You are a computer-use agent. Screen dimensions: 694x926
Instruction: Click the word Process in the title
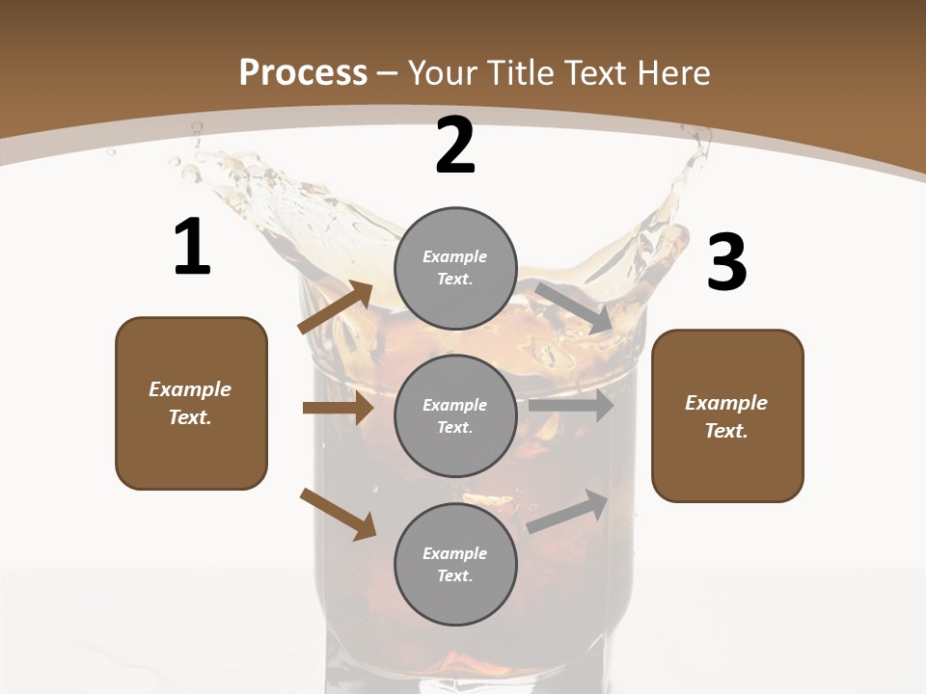point(303,73)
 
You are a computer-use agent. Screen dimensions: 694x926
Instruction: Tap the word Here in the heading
point(673,73)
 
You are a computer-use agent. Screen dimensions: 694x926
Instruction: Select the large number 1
point(192,248)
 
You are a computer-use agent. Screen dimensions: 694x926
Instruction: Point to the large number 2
point(455,146)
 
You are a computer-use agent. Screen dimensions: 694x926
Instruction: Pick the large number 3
point(726,263)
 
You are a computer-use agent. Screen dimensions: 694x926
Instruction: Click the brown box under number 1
point(191,403)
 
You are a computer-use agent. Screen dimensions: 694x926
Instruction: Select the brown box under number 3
point(727,415)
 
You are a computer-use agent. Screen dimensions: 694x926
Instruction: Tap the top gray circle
point(455,268)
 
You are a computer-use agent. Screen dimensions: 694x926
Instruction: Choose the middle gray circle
point(455,415)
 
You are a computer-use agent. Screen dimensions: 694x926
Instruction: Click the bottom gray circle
point(455,564)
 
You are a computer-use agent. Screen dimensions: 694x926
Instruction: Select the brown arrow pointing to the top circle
point(335,307)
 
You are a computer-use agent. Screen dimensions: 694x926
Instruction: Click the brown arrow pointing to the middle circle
point(338,408)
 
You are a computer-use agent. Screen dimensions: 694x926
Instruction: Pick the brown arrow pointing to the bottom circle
point(338,514)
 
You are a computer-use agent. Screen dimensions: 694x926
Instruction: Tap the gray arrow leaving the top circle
point(574,307)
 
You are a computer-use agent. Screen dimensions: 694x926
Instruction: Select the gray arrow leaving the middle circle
point(571,406)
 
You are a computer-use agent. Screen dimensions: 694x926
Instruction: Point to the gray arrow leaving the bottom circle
point(568,511)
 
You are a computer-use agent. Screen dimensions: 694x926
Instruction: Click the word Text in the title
point(596,73)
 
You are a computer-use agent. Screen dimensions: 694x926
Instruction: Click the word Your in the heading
point(442,73)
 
